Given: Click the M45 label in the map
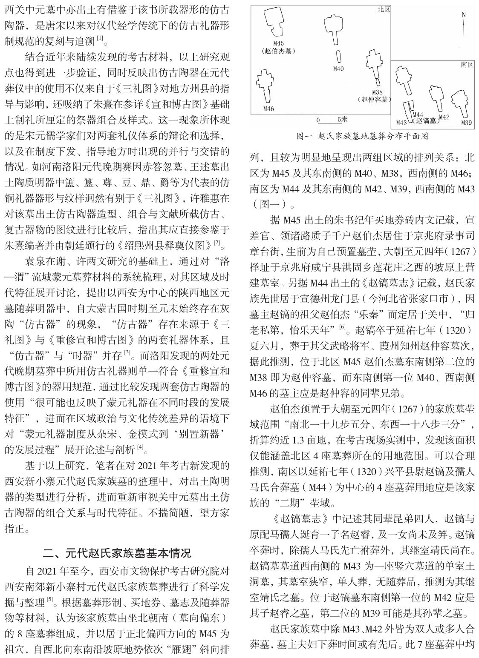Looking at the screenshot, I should [x=278, y=43].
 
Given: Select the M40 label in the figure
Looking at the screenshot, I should [x=338, y=69].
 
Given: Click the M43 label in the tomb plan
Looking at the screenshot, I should [x=401, y=123].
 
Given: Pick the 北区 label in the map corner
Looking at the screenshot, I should [x=384, y=9].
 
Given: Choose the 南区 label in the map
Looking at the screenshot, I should [x=467, y=65].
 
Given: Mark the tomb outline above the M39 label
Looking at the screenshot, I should [x=461, y=101].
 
